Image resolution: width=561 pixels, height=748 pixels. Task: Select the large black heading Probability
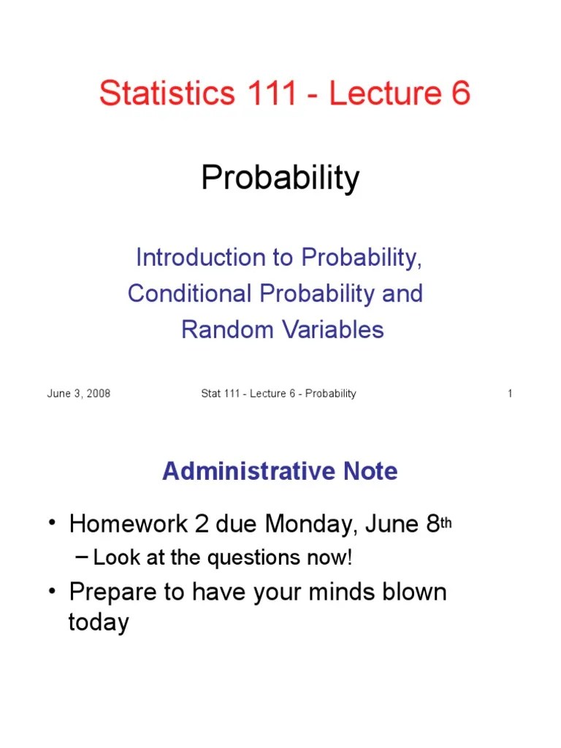point(280,178)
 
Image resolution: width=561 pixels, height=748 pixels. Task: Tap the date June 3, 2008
point(79,394)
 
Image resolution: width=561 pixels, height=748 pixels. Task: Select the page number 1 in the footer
point(510,394)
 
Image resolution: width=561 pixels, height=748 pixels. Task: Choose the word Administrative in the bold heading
point(242,471)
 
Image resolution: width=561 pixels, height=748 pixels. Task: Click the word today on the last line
point(99,622)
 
